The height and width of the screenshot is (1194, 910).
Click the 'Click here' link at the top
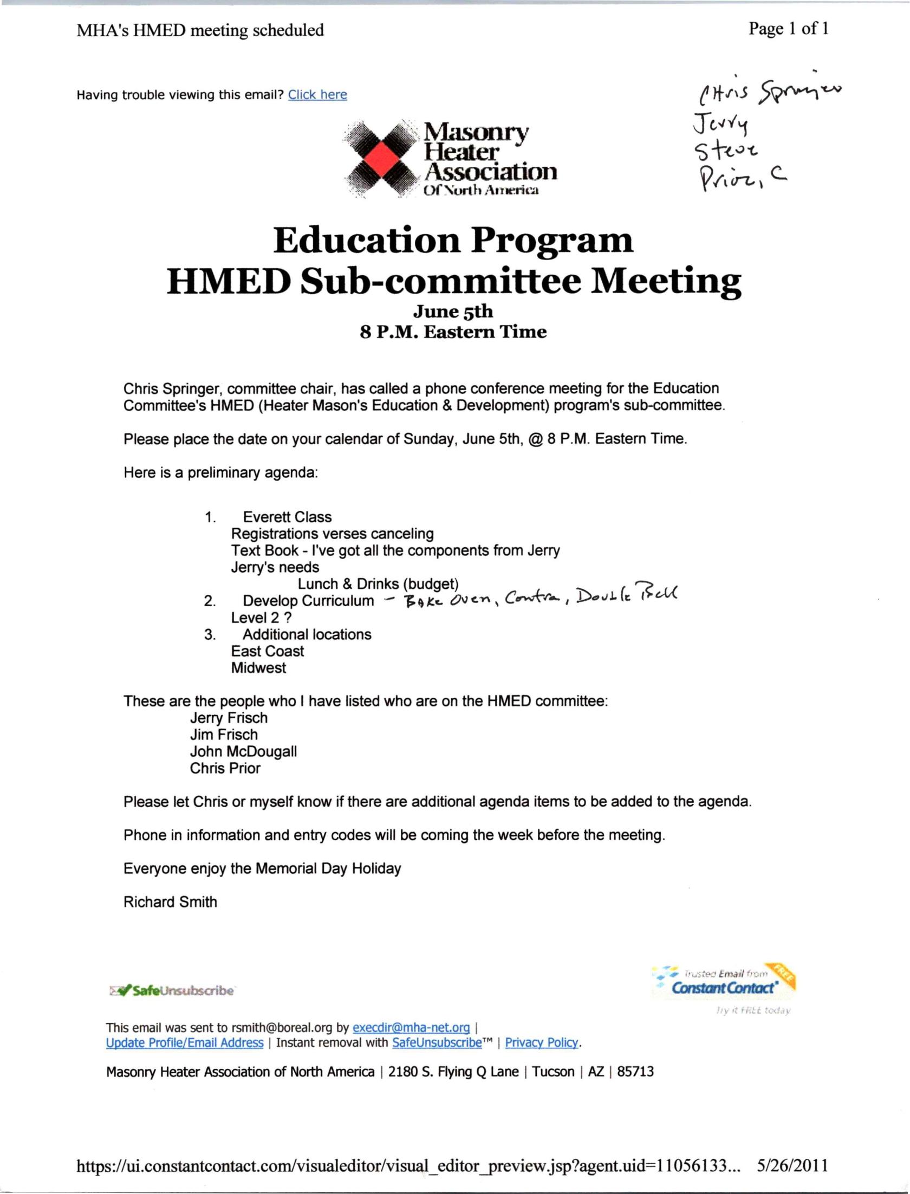(x=317, y=95)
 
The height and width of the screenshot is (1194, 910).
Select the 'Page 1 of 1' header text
(x=788, y=29)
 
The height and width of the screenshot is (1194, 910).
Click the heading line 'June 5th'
(x=453, y=312)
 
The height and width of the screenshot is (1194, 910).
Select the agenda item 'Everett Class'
(x=287, y=517)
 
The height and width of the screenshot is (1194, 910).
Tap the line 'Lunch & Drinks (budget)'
(x=378, y=584)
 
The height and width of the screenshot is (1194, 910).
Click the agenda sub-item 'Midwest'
(x=258, y=668)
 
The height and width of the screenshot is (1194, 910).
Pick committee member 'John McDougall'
(x=243, y=751)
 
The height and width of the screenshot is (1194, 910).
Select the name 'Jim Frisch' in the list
(x=224, y=735)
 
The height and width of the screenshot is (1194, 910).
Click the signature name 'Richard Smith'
(x=170, y=902)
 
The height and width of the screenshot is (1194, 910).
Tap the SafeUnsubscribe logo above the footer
(x=172, y=991)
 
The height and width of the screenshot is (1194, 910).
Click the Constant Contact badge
(x=724, y=983)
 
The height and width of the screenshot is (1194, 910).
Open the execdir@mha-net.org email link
(x=411, y=1028)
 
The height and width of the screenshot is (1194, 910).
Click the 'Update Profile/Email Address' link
(x=185, y=1043)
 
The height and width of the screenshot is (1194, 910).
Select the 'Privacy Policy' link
(x=542, y=1043)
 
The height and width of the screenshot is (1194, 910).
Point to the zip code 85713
(x=635, y=1072)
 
